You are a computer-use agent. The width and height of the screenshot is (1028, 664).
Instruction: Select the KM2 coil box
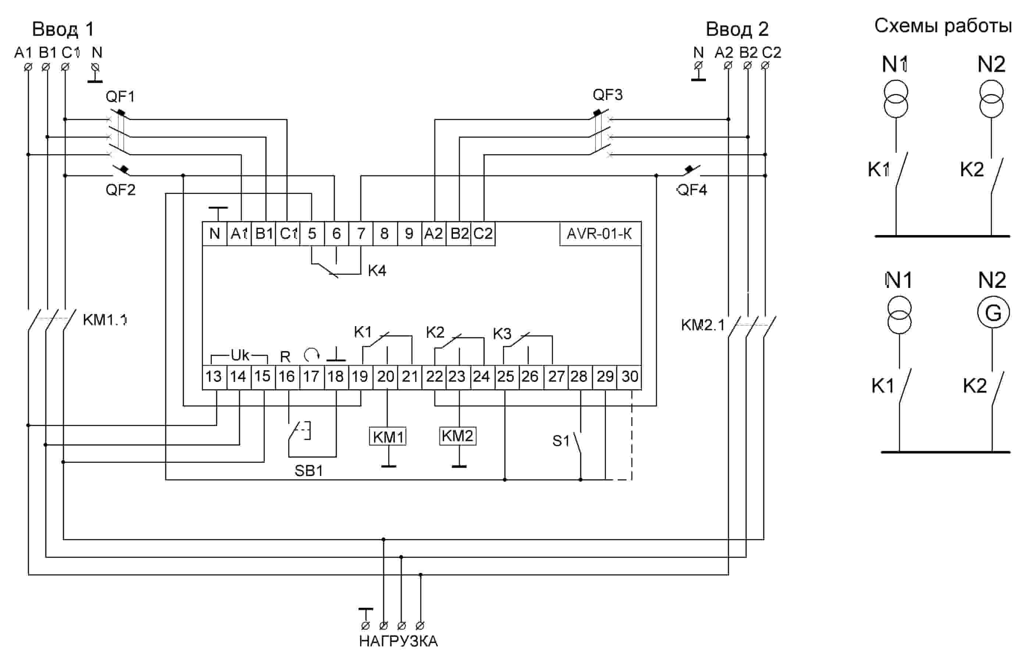[x=457, y=436]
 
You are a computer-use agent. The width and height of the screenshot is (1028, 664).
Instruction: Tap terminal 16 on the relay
[x=286, y=376]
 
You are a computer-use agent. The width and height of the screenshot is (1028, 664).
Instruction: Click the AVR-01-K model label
[x=599, y=234]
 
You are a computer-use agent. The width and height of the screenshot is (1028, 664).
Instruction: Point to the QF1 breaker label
[x=120, y=96]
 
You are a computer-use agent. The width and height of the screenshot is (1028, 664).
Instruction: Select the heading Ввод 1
[x=63, y=29]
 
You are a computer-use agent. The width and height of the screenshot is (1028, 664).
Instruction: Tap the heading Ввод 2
[x=737, y=29]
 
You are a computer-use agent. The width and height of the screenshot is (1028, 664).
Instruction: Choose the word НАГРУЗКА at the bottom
[x=398, y=641]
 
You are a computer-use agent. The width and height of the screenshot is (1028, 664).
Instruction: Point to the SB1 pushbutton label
[x=308, y=470]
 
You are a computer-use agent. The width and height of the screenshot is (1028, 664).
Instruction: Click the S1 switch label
[x=561, y=441]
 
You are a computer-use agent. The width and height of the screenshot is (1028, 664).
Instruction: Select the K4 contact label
[x=377, y=271]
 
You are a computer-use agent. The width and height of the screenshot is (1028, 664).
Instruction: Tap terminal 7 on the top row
[x=361, y=234]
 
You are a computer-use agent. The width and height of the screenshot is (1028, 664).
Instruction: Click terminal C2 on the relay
[x=483, y=234]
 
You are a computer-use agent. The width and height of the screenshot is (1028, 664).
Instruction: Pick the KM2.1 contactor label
[x=703, y=325]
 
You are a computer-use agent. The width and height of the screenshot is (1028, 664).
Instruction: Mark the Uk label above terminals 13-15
[x=240, y=355]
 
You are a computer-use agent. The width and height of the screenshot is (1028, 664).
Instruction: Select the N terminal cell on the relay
[x=214, y=234]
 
